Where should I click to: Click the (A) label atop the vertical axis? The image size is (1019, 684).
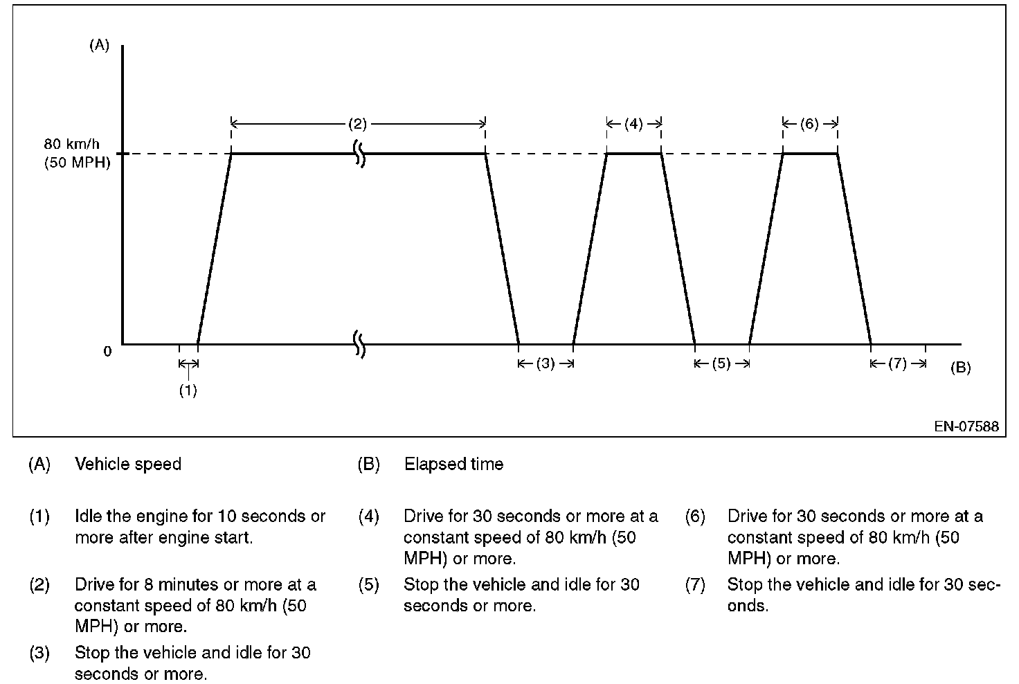point(100,46)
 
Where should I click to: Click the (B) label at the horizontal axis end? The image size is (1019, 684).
point(961,368)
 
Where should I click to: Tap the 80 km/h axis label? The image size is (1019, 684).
point(72,145)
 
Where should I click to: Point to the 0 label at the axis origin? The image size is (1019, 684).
point(107,351)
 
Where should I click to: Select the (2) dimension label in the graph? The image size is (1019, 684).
point(357,125)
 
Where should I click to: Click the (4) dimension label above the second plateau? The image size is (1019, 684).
point(633,125)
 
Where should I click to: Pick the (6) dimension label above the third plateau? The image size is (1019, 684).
point(809,125)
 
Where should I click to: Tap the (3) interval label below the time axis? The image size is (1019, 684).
point(545,363)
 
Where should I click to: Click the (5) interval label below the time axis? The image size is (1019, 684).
point(721,363)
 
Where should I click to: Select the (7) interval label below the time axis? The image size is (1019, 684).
point(897,363)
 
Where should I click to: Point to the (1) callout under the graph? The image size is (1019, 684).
point(188,390)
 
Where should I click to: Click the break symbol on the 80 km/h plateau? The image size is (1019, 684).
point(360,153)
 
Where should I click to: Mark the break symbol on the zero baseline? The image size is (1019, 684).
point(360,343)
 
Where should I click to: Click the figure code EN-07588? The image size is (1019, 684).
point(966,426)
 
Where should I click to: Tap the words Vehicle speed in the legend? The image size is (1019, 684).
point(128,464)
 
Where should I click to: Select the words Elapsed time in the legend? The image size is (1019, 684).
point(453,464)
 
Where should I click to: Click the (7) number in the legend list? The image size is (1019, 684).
point(695,585)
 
